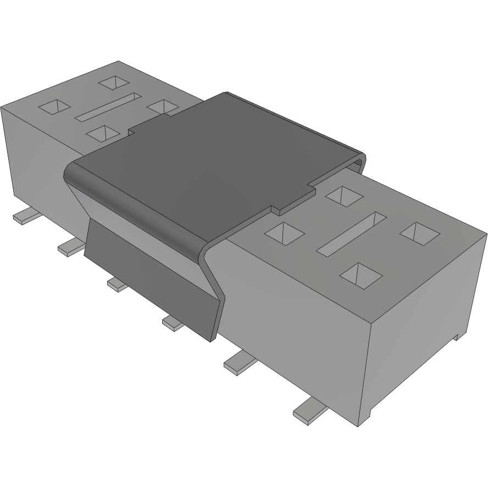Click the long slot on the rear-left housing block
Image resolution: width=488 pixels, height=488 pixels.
pos(108,107)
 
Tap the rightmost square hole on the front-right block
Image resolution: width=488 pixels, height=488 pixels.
pos(420,233)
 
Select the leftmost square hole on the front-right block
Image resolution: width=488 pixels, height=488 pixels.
pos(284,233)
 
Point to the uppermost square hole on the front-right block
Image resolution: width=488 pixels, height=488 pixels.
pos(342,195)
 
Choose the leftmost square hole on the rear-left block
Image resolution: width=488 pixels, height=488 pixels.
pos(54,107)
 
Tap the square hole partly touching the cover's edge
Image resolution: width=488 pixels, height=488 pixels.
pos(163,106)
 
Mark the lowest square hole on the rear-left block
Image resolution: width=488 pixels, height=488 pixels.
pos(103,132)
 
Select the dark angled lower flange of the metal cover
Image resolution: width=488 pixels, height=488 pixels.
pos(148,275)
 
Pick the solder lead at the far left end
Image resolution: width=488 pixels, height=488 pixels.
pos(25,216)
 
